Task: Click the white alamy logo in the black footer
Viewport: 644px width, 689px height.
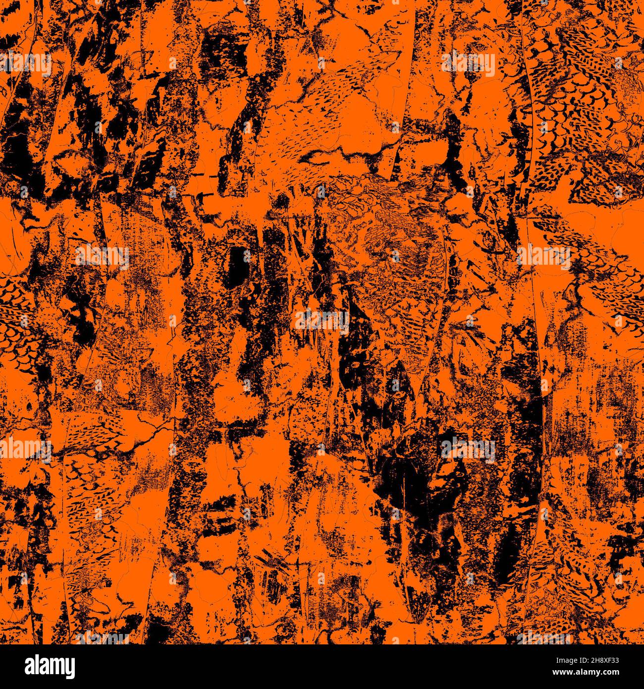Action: click(43, 666)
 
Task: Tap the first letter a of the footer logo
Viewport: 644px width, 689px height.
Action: click(16, 665)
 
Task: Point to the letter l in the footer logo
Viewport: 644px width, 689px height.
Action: click(26, 664)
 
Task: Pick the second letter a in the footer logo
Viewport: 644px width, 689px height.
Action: click(36, 665)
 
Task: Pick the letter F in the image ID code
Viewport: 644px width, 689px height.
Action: click(610, 660)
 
